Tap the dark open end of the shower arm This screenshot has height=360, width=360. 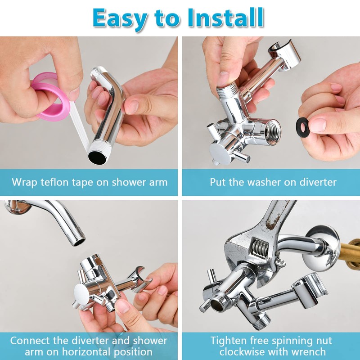pyautogui.click(x=96, y=156)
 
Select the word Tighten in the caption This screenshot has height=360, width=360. pyautogui.click(x=230, y=340)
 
